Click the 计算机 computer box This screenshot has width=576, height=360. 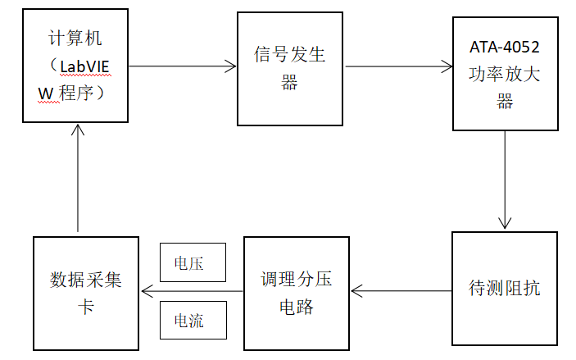(x=75, y=66)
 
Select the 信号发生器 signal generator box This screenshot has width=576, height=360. (x=290, y=69)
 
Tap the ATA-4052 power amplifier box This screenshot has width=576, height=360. (x=505, y=74)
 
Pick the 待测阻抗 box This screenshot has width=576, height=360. (x=504, y=289)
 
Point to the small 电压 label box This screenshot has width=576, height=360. (x=192, y=263)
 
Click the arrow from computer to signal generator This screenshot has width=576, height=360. (x=182, y=66)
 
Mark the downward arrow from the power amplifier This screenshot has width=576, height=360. (x=505, y=179)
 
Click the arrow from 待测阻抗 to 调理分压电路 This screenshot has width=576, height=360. (x=401, y=290)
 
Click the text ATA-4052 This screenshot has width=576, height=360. (x=505, y=45)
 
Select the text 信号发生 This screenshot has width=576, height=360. (x=290, y=55)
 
